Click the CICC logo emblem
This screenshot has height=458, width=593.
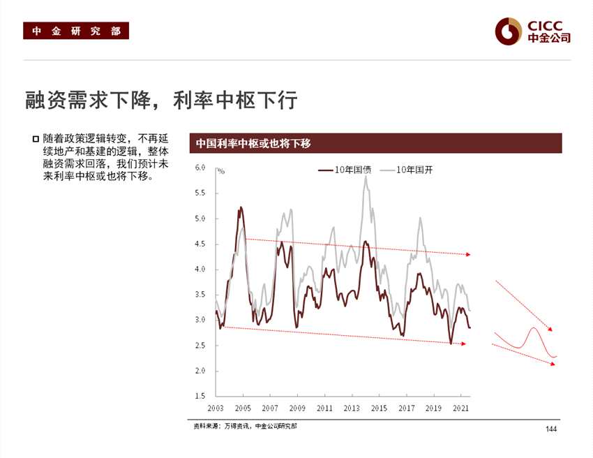pyautogui.click(x=508, y=30)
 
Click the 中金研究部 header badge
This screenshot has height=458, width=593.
pyautogui.click(x=76, y=31)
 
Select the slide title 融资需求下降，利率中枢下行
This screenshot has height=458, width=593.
pyautogui.click(x=161, y=101)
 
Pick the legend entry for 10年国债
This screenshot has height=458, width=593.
pyautogui.click(x=345, y=170)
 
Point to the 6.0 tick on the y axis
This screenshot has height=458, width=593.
pyautogui.click(x=200, y=168)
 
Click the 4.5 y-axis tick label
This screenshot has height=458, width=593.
pyautogui.click(x=200, y=244)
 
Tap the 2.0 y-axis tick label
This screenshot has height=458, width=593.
pyautogui.click(x=200, y=371)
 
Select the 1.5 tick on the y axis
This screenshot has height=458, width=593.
pyautogui.click(x=200, y=396)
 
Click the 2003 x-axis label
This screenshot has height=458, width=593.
pyautogui.click(x=215, y=408)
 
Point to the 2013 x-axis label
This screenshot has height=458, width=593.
pyautogui.click(x=352, y=408)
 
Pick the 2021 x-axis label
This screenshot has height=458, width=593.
pyautogui.click(x=460, y=408)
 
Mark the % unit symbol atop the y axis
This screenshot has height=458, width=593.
pyautogui.click(x=220, y=170)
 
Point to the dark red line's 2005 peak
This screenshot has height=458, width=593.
pyautogui.click(x=241, y=207)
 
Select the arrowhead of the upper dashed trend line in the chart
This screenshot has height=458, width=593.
pyautogui.click(x=469, y=255)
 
